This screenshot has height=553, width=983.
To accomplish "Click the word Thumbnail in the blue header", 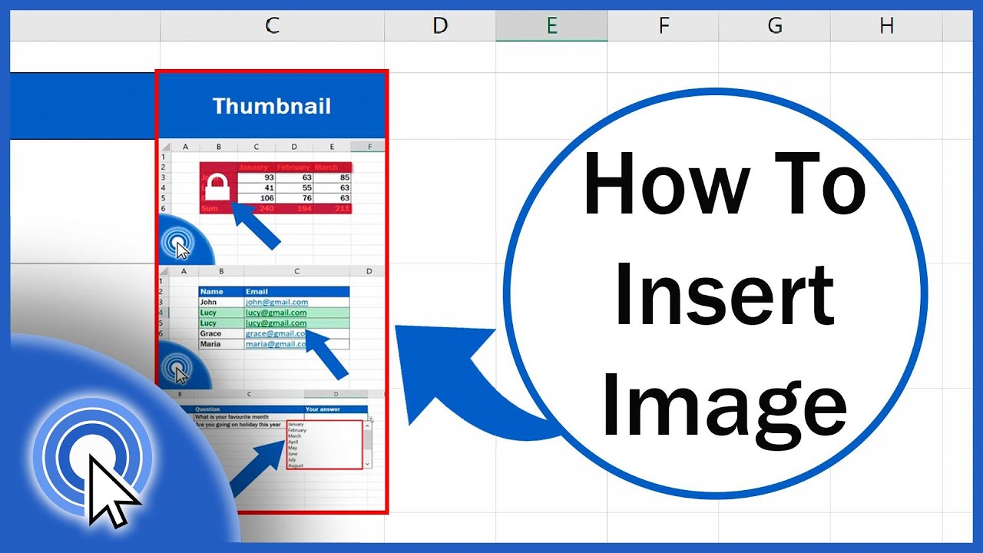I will (x=271, y=106).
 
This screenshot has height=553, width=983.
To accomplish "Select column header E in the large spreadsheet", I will (x=551, y=26).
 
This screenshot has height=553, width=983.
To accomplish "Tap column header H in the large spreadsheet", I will (x=886, y=26).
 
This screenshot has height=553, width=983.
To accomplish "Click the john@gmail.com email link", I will (x=276, y=303).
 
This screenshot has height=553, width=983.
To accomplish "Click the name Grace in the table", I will (x=210, y=334).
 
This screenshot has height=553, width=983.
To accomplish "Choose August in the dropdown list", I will (x=296, y=465).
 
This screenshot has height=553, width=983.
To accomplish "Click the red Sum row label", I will (x=209, y=209).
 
